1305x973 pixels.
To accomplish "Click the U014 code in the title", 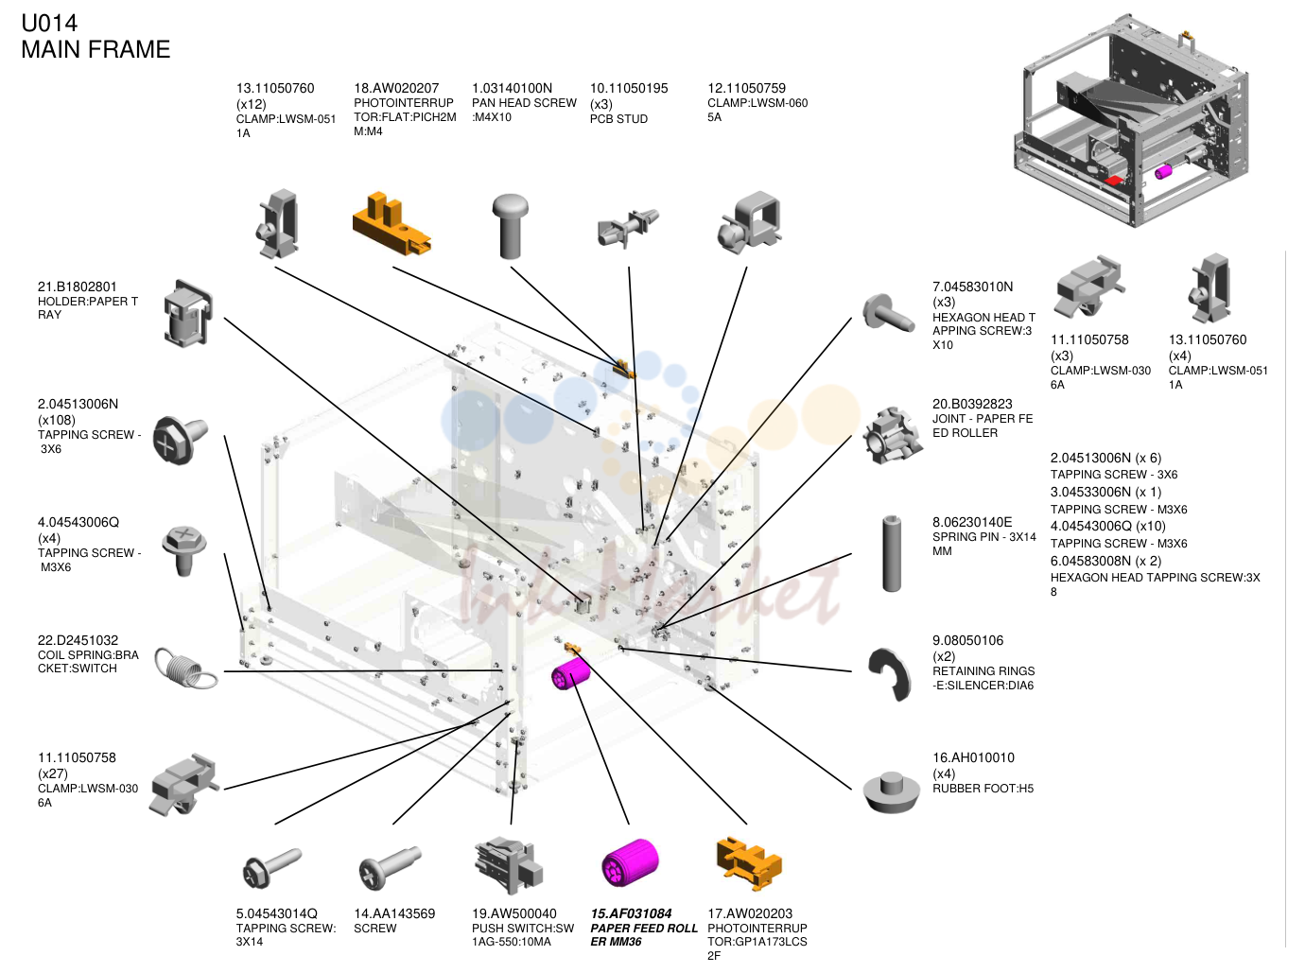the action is pos(49,24).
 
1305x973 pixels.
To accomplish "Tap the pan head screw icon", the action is pos(510,226).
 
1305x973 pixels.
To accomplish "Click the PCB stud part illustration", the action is pos(627,228).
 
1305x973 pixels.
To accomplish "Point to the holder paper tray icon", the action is pos(188,313).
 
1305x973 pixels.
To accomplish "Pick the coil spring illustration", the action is pos(185,669).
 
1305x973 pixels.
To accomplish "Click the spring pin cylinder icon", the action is pos(891,553).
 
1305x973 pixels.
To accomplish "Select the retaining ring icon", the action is pos(890,674).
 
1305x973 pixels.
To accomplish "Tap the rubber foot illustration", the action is pos(891,791).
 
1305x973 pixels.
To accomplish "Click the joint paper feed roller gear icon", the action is pos(892,435).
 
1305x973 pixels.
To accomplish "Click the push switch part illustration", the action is pos(509,865).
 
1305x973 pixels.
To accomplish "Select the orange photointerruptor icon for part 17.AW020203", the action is pos(749,863).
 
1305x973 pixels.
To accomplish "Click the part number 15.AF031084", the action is pos(631,913).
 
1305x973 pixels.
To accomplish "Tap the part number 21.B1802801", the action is pos(78,287).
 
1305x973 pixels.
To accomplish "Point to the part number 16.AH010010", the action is pos(973,757).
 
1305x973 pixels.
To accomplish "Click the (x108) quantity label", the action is pos(57,420).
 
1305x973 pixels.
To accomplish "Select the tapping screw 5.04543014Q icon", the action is pos(271,868).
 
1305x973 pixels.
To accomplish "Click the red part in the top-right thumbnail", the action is pos(1114,181).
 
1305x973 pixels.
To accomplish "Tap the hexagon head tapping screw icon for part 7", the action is pos(888,313).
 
